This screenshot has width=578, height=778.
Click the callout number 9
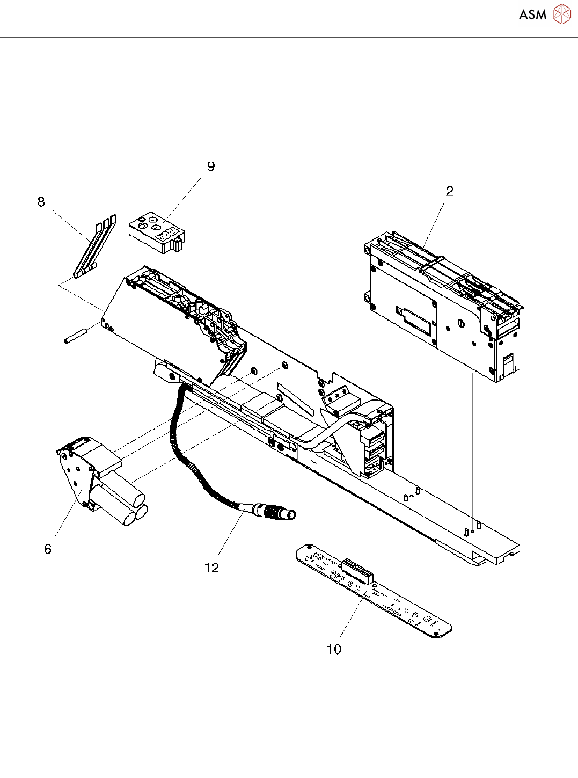click(x=211, y=166)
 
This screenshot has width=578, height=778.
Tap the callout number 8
click(x=41, y=202)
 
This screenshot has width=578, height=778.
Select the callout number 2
click(x=449, y=191)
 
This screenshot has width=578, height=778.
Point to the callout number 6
click(x=48, y=549)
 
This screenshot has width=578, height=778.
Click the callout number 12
click(x=211, y=568)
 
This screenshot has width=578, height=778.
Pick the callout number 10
click(x=334, y=649)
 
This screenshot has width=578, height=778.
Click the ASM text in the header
click(x=532, y=14)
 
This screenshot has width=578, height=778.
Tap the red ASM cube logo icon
click(x=562, y=14)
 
